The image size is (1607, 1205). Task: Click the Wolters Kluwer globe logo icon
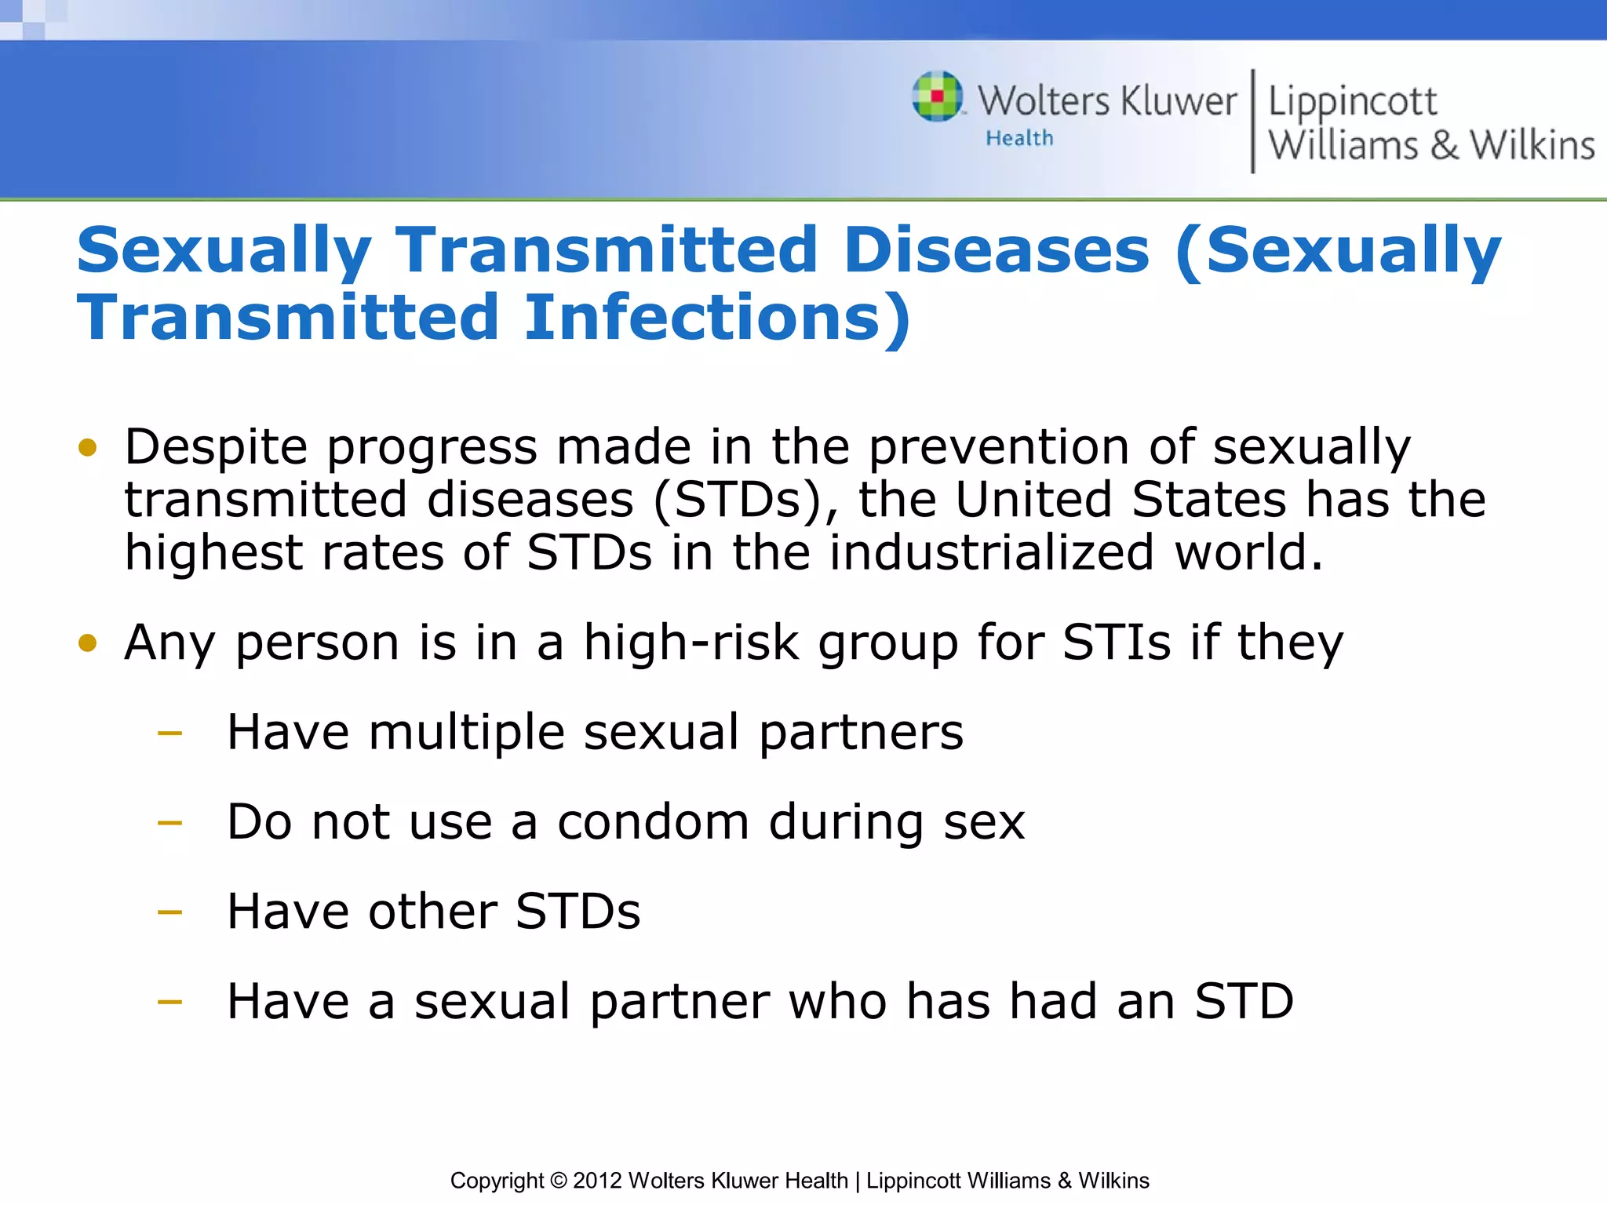937,96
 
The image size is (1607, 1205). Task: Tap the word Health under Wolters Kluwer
1019,138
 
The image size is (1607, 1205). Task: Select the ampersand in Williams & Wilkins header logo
1444,146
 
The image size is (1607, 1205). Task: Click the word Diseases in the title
996,250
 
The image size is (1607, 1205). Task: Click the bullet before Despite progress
88,448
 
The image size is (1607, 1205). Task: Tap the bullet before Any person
88,643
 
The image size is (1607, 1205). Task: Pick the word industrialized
992,552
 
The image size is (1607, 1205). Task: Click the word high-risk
691,643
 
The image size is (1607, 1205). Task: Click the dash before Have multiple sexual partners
169,734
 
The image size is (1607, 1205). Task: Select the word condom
653,822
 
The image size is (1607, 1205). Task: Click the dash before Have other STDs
169,913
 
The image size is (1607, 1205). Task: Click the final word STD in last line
1244,1002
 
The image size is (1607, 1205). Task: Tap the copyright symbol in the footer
558,1181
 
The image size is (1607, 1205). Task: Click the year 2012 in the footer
597,1181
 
